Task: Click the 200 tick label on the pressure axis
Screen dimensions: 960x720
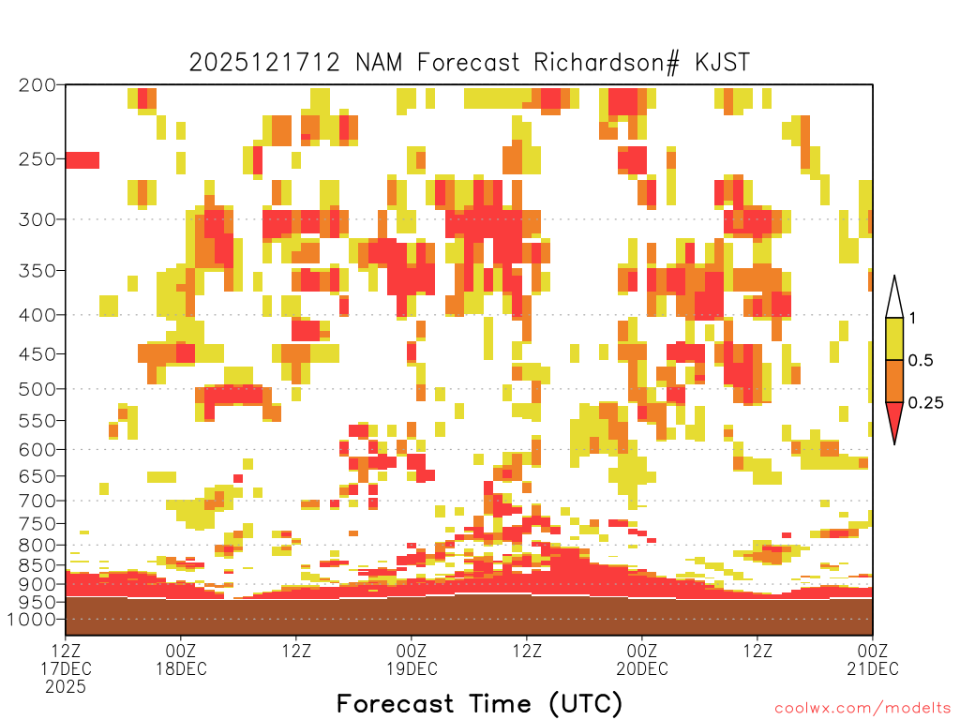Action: point(37,85)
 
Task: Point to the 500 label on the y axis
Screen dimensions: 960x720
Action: point(37,389)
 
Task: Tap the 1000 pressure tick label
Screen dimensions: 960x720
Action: point(32,619)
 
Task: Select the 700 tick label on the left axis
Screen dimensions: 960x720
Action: point(37,501)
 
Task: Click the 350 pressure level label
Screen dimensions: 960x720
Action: point(37,271)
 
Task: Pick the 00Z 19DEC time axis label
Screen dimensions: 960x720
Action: point(412,659)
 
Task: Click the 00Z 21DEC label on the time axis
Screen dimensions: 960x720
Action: point(873,659)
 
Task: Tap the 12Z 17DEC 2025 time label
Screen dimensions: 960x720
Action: point(66,668)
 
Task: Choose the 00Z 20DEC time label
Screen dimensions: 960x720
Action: point(641,659)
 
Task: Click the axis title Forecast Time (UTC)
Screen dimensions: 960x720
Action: point(479,703)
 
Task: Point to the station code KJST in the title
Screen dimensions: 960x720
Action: point(722,63)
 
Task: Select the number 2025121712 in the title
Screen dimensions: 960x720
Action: point(263,63)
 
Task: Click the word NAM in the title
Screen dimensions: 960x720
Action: point(379,63)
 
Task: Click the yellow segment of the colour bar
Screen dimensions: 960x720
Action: point(894,338)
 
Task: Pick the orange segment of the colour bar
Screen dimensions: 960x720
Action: point(894,381)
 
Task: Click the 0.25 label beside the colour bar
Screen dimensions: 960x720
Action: point(925,403)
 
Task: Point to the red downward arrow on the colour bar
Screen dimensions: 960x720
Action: point(894,419)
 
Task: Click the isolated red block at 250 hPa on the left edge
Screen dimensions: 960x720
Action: point(82,160)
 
